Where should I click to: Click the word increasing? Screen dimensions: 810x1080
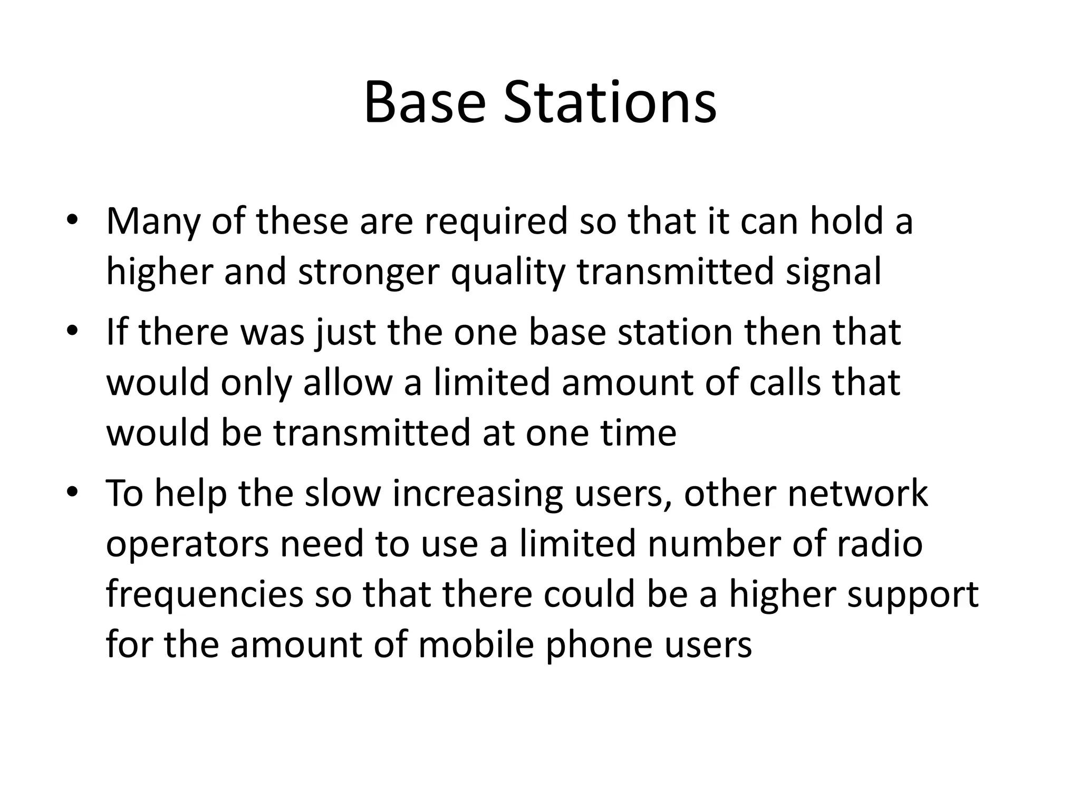point(477,494)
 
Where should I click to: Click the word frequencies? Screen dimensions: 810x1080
point(205,595)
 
